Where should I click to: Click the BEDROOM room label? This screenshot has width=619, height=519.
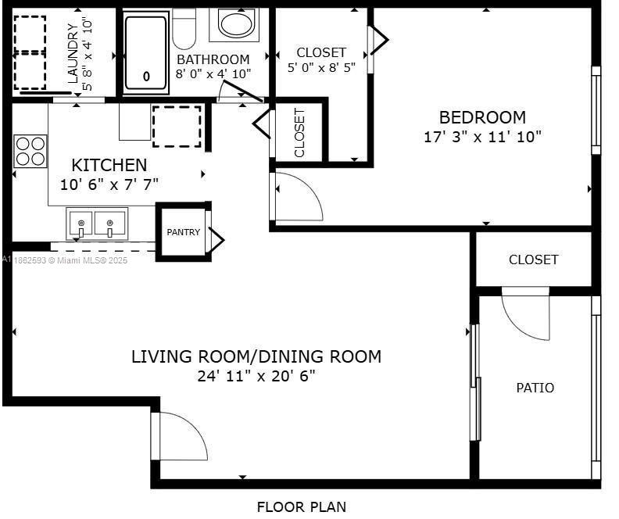(482, 117)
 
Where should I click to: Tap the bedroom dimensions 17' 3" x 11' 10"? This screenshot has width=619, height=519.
(482, 137)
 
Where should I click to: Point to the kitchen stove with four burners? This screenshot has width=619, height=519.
(30, 151)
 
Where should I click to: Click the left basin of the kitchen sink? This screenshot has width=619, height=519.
(80, 224)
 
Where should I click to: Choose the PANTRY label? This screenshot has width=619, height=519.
(183, 232)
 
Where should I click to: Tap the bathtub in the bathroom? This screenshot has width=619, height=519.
(146, 53)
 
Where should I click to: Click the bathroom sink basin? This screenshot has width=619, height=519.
(235, 23)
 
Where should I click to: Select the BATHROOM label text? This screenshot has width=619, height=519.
(213, 59)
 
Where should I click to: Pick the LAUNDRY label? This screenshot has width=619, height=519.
(73, 53)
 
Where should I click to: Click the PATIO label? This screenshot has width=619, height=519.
(535, 388)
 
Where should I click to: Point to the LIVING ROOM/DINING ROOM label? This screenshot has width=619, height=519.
(256, 356)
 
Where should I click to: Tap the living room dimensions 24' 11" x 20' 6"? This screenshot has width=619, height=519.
(256, 376)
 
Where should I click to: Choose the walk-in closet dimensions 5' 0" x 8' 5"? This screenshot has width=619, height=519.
(321, 68)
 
